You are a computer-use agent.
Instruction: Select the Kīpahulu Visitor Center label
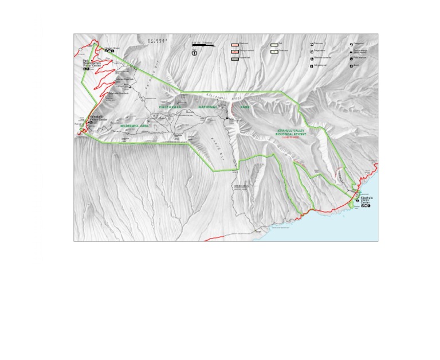[366, 200]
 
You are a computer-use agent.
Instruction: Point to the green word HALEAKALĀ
[170, 107]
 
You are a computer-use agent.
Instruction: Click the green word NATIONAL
[208, 107]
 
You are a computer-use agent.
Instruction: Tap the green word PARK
[245, 107]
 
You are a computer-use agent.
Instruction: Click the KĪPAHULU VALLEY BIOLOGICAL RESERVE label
[292, 132]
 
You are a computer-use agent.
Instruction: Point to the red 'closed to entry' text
[290, 138]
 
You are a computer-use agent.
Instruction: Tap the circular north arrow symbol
[195, 53]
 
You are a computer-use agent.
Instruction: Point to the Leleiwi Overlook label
[124, 79]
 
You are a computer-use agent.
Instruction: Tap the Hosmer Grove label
[112, 48]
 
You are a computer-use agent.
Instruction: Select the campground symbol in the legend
[352, 44]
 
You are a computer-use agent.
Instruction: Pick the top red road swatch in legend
[235, 44]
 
